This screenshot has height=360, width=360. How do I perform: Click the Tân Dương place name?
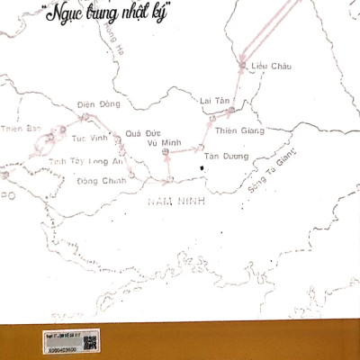coord(222,156)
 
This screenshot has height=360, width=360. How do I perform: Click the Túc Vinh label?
coord(89,139)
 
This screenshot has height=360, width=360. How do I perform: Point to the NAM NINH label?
coord(175,204)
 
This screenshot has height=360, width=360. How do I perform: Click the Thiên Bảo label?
coord(20,129)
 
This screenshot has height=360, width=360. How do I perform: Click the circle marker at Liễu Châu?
coord(241,65)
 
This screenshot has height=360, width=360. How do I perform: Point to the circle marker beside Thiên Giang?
coord(230,111)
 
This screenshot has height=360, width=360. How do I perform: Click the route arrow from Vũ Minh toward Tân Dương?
coord(184,153)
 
